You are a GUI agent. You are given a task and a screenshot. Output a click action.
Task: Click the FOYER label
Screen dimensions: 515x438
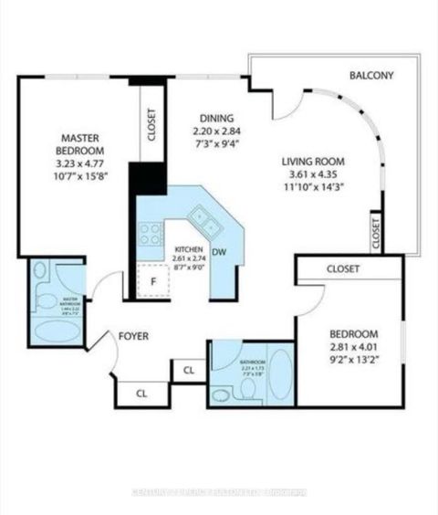[133, 336]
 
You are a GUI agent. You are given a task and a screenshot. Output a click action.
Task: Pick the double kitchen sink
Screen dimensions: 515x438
[203, 219]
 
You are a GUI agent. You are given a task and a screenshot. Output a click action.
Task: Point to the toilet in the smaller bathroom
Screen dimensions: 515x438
[222, 394]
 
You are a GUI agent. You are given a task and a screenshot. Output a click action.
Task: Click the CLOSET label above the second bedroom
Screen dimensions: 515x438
[343, 269]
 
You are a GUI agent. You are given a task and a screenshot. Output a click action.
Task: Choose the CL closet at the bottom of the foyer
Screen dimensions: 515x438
[141, 394]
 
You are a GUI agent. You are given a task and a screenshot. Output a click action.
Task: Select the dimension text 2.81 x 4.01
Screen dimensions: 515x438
[350, 347]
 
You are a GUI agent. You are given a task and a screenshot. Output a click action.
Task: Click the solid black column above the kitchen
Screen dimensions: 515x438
[143, 177]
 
